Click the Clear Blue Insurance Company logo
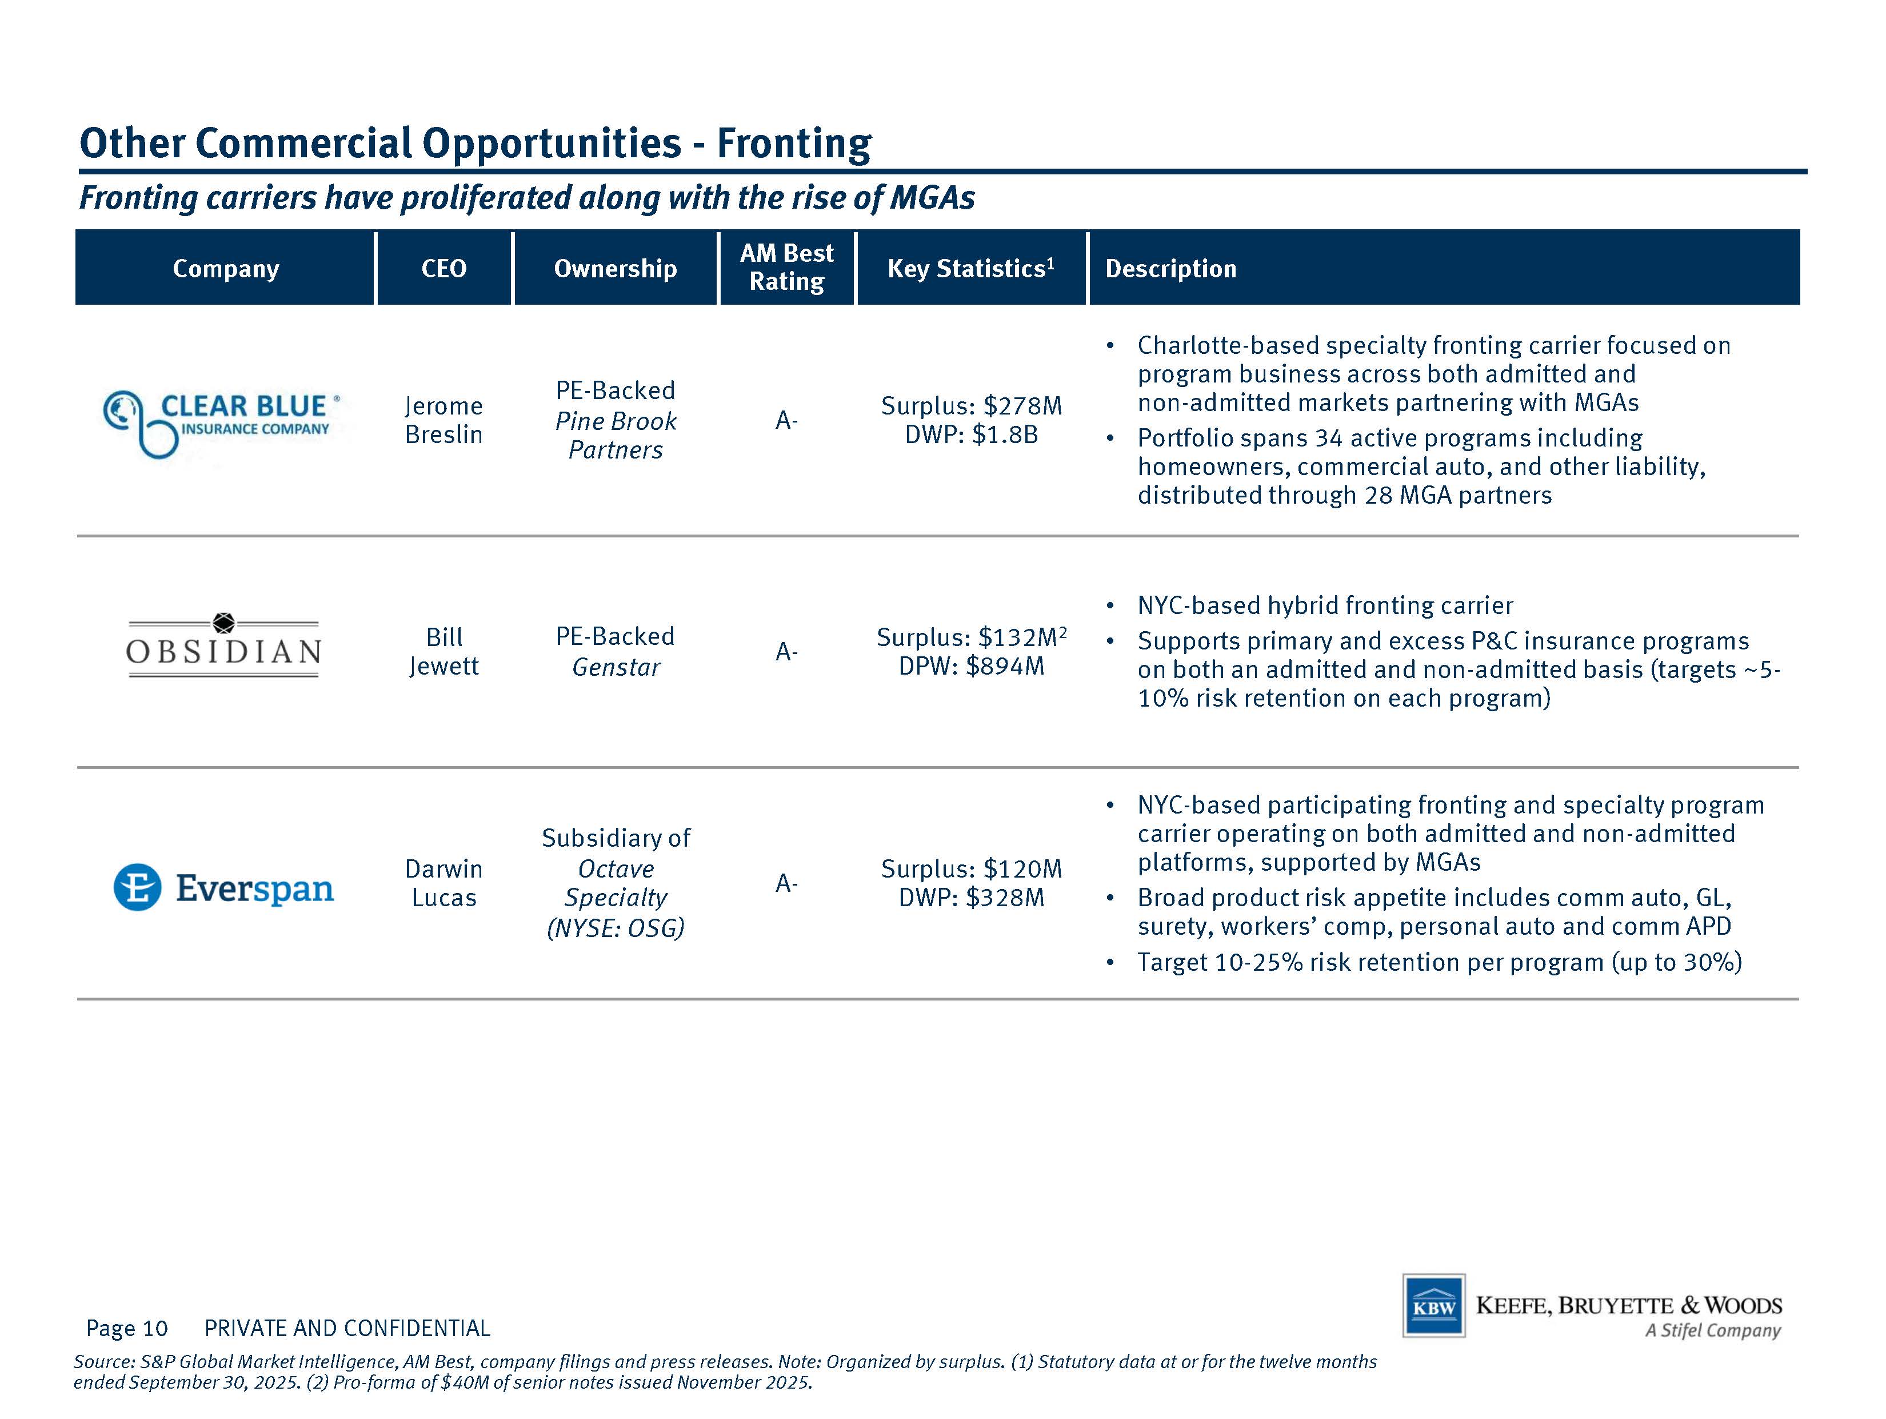click(x=222, y=424)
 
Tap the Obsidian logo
click(x=223, y=645)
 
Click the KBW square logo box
click(x=1434, y=1306)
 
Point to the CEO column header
click(x=444, y=269)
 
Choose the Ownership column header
click(x=616, y=269)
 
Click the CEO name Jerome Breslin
click(x=444, y=420)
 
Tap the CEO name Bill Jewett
click(x=444, y=652)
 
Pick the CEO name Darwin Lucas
click(x=444, y=883)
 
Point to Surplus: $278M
click(x=972, y=406)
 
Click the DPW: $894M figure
click(x=972, y=666)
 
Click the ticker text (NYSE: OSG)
click(x=616, y=928)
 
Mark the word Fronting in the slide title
click(x=794, y=144)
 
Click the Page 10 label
click(x=127, y=1329)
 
